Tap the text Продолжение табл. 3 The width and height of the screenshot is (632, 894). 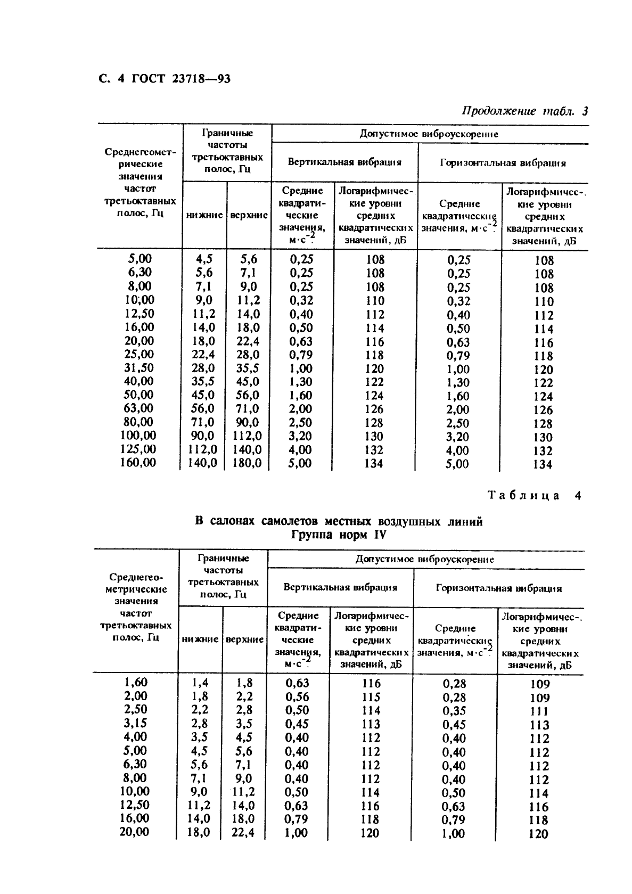tap(524, 111)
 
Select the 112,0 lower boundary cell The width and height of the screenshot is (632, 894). tap(203, 449)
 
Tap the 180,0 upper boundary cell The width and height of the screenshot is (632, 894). tap(248, 463)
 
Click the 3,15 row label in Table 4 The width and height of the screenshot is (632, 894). tap(135, 724)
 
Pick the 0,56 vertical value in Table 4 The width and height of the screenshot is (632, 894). tap(297, 697)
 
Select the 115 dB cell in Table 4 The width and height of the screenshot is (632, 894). tap(371, 697)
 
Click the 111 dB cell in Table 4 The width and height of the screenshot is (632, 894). tap(539, 711)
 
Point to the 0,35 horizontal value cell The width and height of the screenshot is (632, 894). tap(454, 711)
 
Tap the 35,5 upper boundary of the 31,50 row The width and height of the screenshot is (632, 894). tap(249, 368)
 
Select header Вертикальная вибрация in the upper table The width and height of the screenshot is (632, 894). tap(344, 162)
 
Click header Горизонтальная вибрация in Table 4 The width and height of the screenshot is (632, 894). tap(499, 588)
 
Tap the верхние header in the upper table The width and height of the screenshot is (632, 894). tap(249, 216)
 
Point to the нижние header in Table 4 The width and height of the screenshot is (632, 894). tap(200, 639)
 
